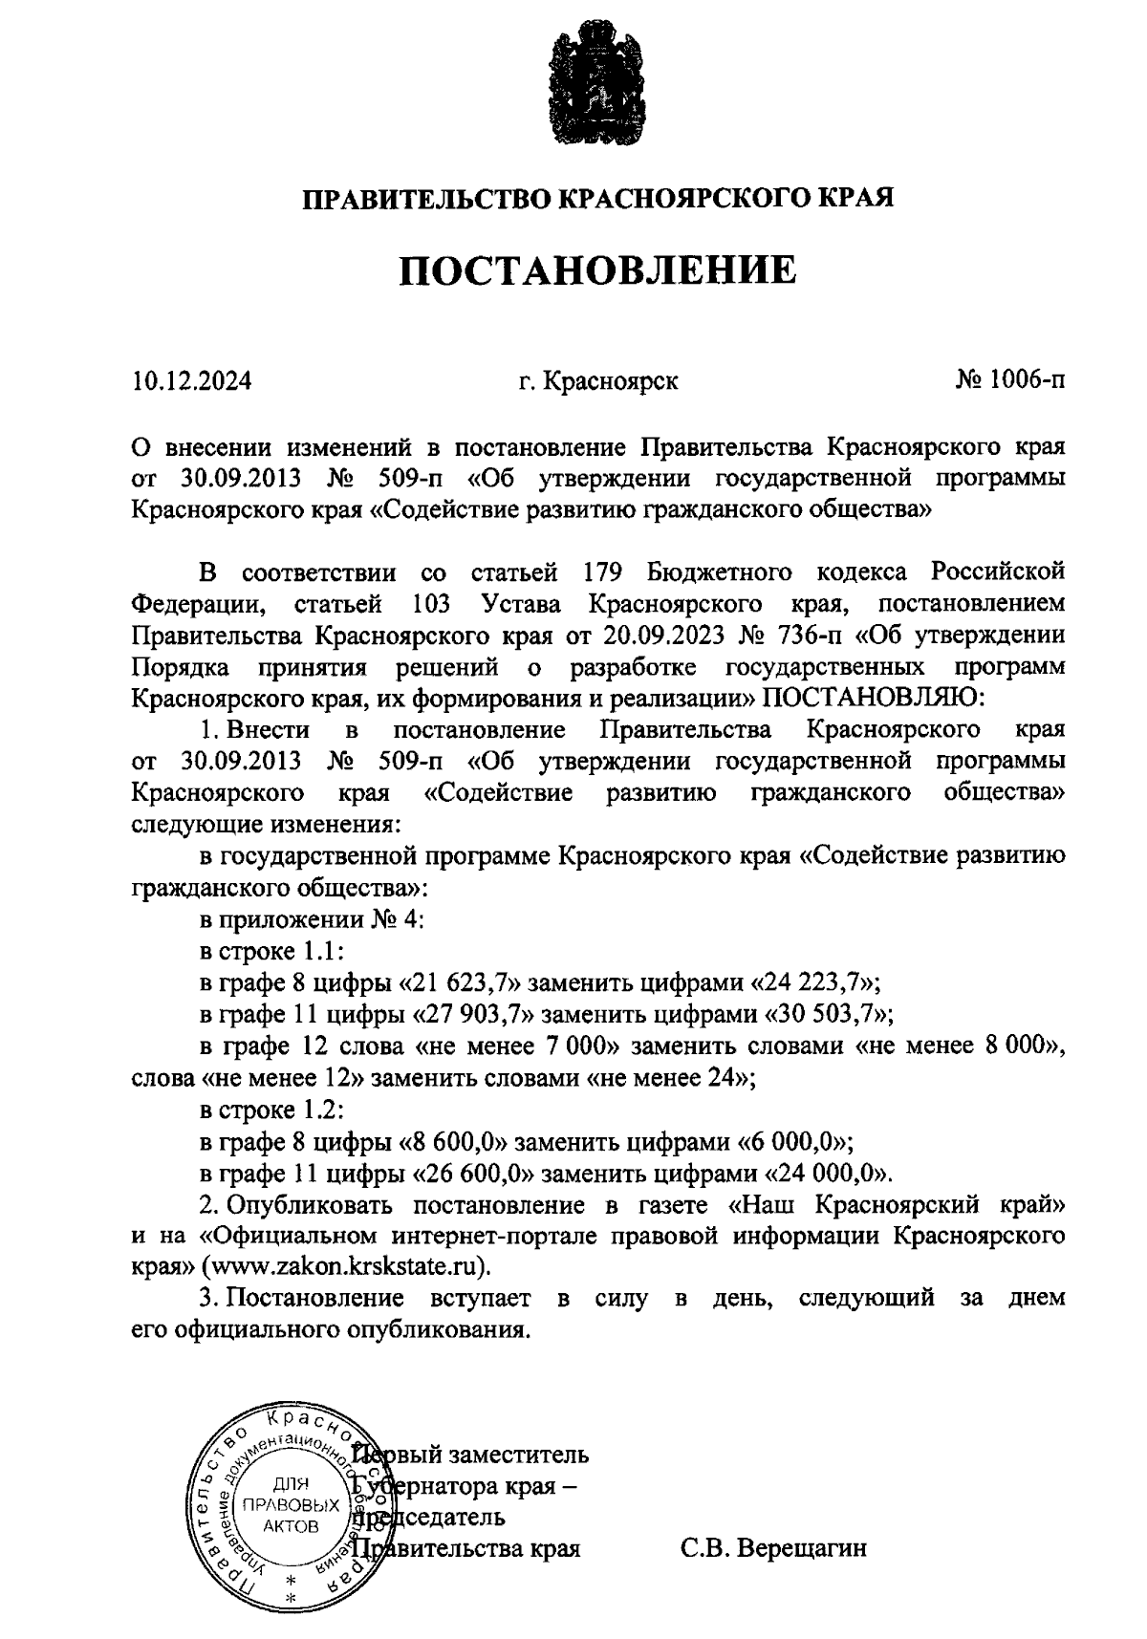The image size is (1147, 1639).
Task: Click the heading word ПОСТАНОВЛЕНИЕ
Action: tap(597, 271)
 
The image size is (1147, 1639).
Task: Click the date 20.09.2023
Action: tap(662, 636)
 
